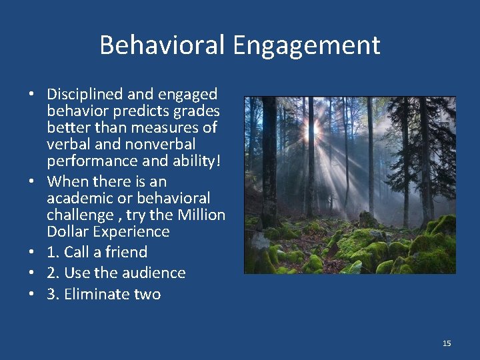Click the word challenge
click(80, 215)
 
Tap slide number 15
click(447, 343)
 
